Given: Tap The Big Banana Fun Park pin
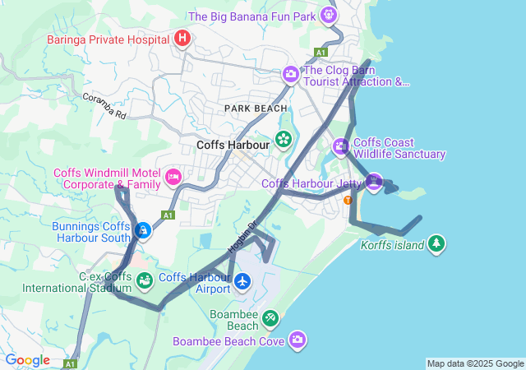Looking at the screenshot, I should click(330, 15).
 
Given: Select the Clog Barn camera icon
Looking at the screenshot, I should click(291, 75).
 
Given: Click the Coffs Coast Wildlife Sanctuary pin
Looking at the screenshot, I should click(341, 147).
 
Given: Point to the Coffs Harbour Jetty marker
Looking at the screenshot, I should click(375, 183).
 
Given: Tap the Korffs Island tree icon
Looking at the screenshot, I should click(436, 244).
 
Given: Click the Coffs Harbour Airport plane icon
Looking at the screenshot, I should click(242, 282).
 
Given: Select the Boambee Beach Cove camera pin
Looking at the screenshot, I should click(297, 340).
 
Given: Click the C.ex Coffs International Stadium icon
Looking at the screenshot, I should click(145, 281).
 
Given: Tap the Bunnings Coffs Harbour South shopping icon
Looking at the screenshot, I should click(143, 230).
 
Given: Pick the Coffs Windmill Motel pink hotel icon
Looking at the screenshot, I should click(173, 177).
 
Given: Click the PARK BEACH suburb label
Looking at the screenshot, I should click(256, 108).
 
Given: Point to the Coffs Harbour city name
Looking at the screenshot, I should click(233, 146).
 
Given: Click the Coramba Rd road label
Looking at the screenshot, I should click(104, 106).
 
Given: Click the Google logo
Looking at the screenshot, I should click(27, 360).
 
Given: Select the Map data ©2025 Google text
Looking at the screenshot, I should click(475, 363).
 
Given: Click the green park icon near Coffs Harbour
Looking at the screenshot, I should click(284, 139).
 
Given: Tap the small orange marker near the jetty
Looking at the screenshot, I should click(348, 200).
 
